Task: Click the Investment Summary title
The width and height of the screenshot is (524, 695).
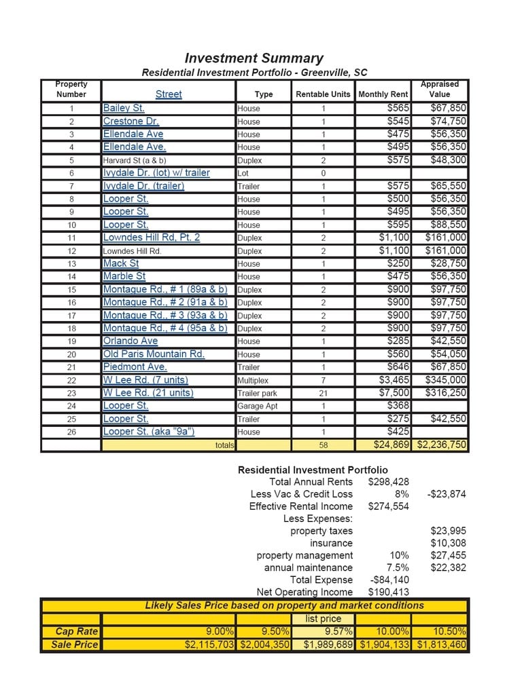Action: tap(254, 58)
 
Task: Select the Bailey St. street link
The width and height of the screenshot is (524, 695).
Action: tap(124, 108)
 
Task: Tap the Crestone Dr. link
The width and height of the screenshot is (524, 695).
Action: tap(131, 121)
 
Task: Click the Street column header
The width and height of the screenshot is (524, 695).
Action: tap(169, 94)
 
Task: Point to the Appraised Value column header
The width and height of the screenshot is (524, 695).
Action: tap(440, 89)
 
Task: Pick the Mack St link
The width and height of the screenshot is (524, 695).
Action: tap(121, 263)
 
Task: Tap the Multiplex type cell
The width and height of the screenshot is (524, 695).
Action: tap(253, 380)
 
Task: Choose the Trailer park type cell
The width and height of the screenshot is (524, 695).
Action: tap(257, 393)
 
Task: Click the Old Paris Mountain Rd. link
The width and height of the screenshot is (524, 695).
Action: tap(154, 354)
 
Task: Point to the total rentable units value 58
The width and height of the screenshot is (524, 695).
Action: tap(324, 445)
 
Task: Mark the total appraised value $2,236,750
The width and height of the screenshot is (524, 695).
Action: tap(440, 445)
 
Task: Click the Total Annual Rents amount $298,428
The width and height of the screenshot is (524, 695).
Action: tap(388, 482)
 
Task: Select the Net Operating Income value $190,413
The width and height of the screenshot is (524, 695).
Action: tap(388, 592)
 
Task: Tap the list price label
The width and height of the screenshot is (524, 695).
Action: tap(323, 618)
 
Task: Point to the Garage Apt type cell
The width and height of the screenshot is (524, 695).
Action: tap(259, 406)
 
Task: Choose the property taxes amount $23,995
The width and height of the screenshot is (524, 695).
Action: tap(449, 531)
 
